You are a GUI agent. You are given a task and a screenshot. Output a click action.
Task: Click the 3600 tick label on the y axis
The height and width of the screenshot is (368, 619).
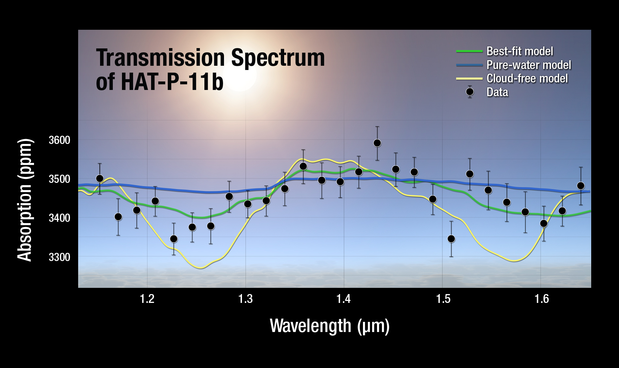60,140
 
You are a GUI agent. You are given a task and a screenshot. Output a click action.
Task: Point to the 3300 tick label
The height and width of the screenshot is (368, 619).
60,257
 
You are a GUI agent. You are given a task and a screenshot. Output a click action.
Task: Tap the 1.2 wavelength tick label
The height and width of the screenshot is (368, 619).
147,299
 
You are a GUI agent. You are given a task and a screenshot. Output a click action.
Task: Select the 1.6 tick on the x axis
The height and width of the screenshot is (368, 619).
542,299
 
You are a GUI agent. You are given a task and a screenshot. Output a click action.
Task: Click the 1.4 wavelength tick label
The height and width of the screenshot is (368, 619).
344,299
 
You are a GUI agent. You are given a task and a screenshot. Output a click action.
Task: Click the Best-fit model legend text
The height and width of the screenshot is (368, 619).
520,51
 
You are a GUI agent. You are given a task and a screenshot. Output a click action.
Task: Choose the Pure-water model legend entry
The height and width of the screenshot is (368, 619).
528,65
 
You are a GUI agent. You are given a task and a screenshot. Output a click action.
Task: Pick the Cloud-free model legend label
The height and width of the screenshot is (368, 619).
527,79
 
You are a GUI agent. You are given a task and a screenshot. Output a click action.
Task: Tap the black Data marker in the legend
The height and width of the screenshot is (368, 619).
470,92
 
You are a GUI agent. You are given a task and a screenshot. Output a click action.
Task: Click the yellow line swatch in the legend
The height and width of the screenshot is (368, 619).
469,79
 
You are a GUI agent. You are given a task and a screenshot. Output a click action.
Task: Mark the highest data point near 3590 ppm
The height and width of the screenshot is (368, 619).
377,143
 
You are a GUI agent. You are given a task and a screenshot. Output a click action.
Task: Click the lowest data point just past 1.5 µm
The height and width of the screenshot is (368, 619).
451,239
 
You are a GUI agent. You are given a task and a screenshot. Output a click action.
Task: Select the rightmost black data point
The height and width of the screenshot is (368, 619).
581,186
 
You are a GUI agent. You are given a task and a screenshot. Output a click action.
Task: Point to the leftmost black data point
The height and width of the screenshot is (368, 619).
100,179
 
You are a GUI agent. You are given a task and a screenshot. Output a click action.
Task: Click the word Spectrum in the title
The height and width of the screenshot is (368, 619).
278,58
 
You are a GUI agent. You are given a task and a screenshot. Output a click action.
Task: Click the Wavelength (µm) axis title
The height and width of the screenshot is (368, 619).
330,326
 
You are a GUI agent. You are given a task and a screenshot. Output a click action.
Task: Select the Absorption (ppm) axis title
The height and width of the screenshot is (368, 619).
25,200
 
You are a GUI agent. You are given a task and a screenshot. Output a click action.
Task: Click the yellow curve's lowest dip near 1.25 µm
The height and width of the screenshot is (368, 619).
200,268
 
